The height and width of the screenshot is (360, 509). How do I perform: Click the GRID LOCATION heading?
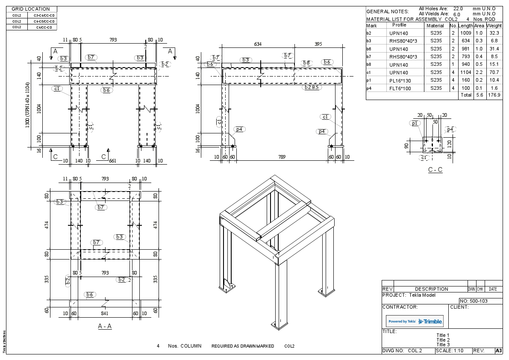30,9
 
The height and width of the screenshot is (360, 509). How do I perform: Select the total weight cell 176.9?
494,95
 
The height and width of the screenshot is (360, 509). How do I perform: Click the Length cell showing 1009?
465,33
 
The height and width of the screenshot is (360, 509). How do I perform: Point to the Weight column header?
494,26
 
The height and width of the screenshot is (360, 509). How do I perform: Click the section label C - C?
435,170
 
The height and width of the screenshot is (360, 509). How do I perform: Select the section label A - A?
105,326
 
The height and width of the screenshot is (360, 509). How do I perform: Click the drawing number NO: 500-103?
474,301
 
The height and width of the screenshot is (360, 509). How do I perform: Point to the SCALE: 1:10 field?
452,351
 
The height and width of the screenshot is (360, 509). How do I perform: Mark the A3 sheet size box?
498,351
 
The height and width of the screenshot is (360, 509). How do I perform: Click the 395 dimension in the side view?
318,44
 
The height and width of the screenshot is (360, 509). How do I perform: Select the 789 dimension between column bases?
282,157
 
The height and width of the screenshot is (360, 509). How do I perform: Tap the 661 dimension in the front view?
113,161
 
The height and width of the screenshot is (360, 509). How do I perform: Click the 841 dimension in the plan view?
104,313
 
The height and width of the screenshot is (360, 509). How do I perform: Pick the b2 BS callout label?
312,87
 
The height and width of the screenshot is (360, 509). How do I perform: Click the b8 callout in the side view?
306,63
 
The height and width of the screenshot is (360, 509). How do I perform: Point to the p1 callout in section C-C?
415,123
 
